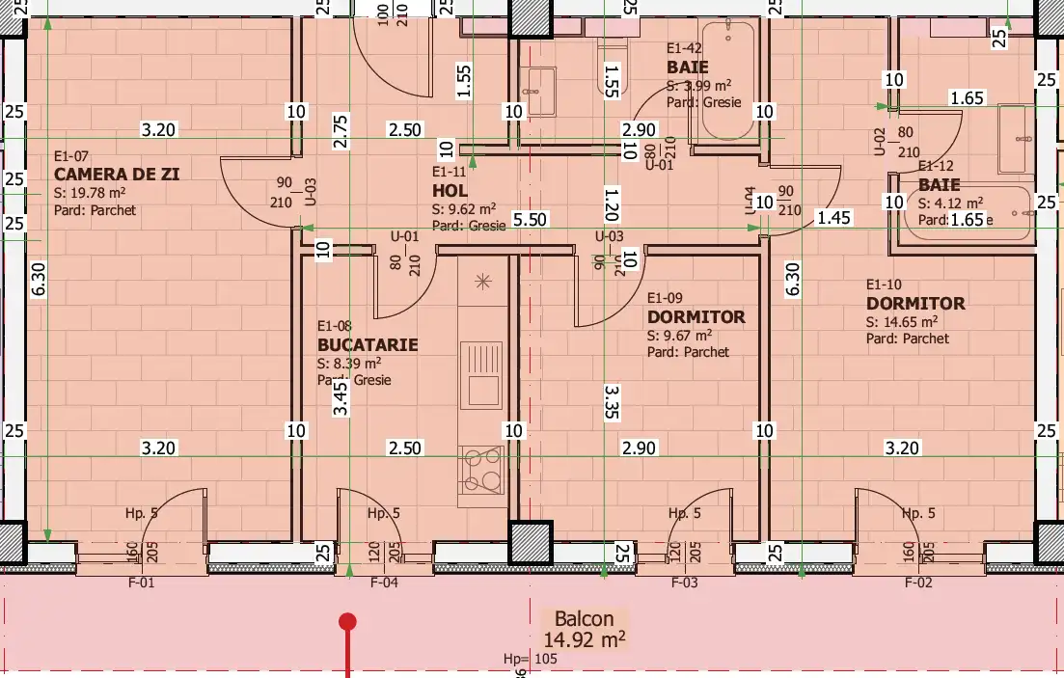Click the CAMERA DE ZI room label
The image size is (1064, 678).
click(117, 174)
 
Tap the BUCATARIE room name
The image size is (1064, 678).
click(368, 344)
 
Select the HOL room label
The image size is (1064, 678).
click(450, 191)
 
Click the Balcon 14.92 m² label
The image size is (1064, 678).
click(584, 629)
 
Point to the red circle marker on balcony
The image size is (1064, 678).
click(347, 622)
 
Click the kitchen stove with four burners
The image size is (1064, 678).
click(481, 471)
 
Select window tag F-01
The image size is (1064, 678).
click(141, 583)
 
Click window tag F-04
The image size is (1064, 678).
click(385, 583)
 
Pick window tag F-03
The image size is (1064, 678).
click(684, 583)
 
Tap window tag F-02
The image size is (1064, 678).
click(918, 583)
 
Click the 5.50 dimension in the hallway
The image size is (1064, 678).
click(530, 220)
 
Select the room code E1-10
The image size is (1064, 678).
click(884, 285)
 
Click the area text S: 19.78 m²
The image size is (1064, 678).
click(95, 193)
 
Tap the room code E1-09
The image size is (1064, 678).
click(666, 298)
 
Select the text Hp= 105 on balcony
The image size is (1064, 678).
click(531, 659)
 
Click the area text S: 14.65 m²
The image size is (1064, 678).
click(902, 322)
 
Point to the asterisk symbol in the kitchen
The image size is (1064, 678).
click(482, 281)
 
